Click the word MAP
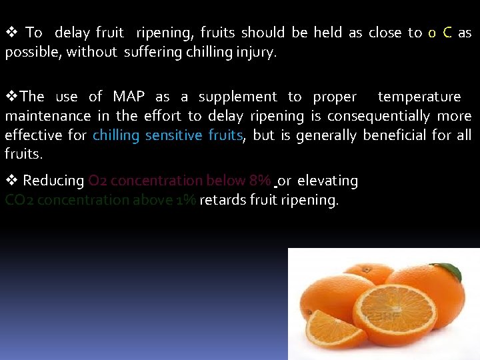click(x=128, y=97)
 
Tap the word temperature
click(x=419, y=97)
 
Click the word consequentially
click(x=379, y=117)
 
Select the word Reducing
click(x=53, y=181)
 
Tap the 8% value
click(x=259, y=181)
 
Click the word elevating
click(x=327, y=181)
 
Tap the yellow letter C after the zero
click(x=447, y=33)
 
